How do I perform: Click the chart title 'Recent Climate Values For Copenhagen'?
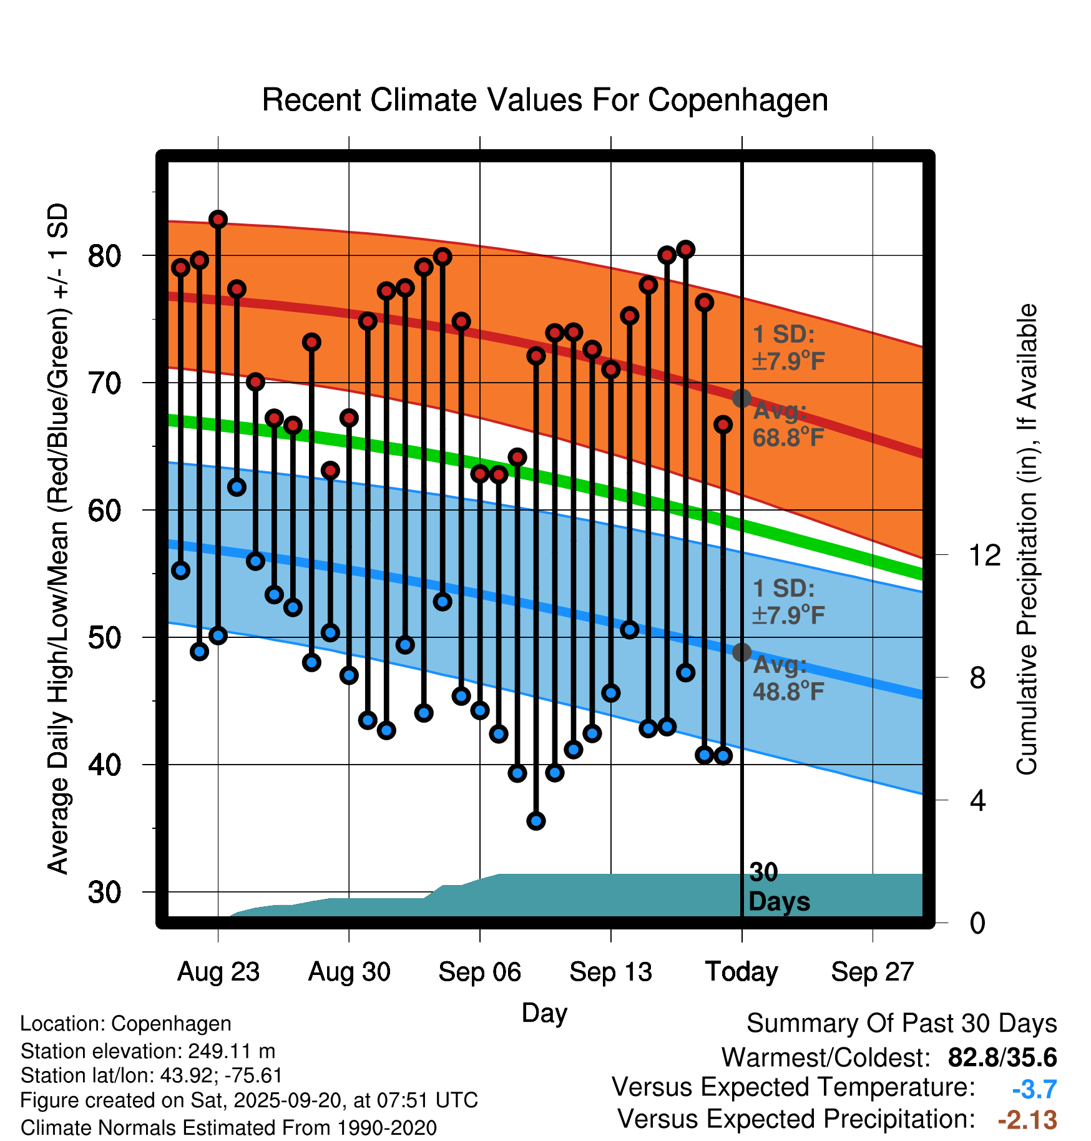545,100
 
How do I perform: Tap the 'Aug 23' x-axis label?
218,971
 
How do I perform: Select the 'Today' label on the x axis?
741,971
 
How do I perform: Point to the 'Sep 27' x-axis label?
872,971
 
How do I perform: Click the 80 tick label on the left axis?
105,255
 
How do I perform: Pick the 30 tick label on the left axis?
105,892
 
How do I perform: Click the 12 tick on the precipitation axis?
984,555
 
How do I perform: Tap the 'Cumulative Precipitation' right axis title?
1027,539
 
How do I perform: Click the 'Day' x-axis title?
544,1012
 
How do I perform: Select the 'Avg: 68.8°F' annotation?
788,424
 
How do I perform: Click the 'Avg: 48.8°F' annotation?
788,678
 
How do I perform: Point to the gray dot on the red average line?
741,398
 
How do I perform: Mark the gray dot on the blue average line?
741,652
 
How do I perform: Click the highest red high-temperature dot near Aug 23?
218,219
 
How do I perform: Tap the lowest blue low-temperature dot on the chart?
536,821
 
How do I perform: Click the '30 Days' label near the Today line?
778,887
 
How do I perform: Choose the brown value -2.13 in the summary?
1027,1120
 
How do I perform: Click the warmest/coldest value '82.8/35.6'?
1002,1057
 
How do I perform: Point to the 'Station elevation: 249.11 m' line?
148,1051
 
